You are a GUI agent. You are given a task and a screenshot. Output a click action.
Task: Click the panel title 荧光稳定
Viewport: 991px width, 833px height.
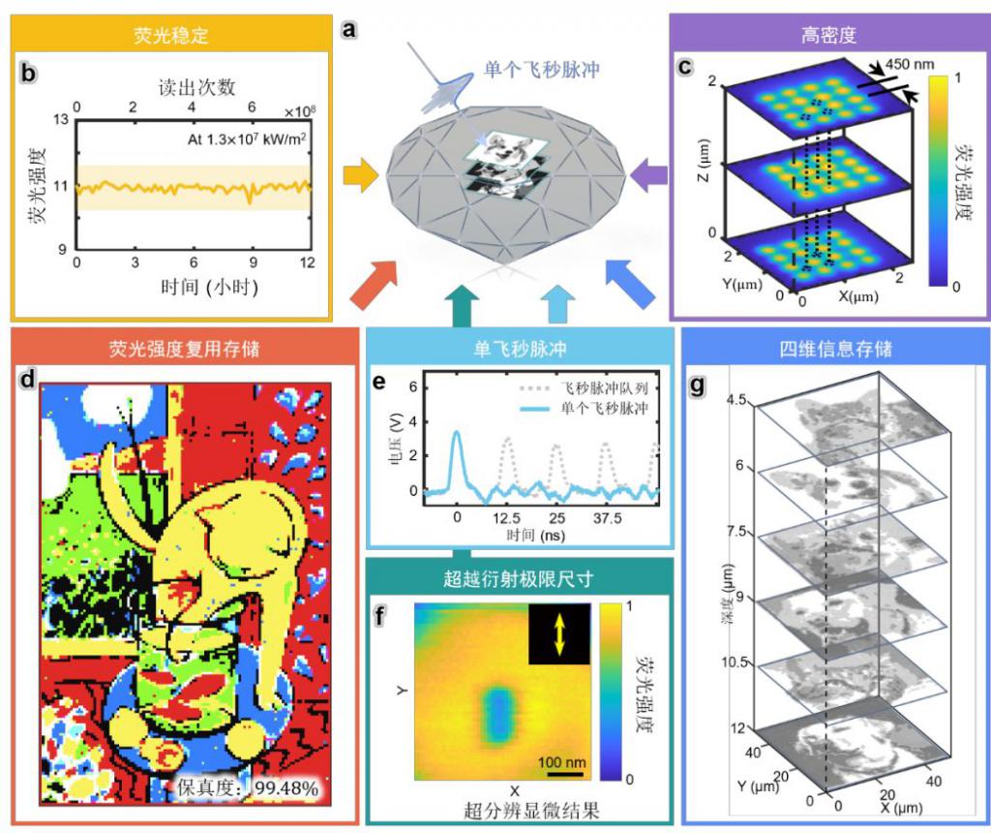[x=170, y=37]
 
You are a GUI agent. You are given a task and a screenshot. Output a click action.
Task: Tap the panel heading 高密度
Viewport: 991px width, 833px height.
[x=821, y=37]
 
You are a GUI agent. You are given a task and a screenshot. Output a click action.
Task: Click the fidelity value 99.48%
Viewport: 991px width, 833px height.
[x=286, y=788]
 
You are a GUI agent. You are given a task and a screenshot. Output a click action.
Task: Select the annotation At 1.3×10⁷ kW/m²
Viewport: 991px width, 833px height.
[x=246, y=139]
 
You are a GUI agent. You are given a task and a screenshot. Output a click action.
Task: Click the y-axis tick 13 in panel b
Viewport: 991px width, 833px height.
[x=60, y=120]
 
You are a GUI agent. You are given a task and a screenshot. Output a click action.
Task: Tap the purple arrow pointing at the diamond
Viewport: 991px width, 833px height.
[x=647, y=175]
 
